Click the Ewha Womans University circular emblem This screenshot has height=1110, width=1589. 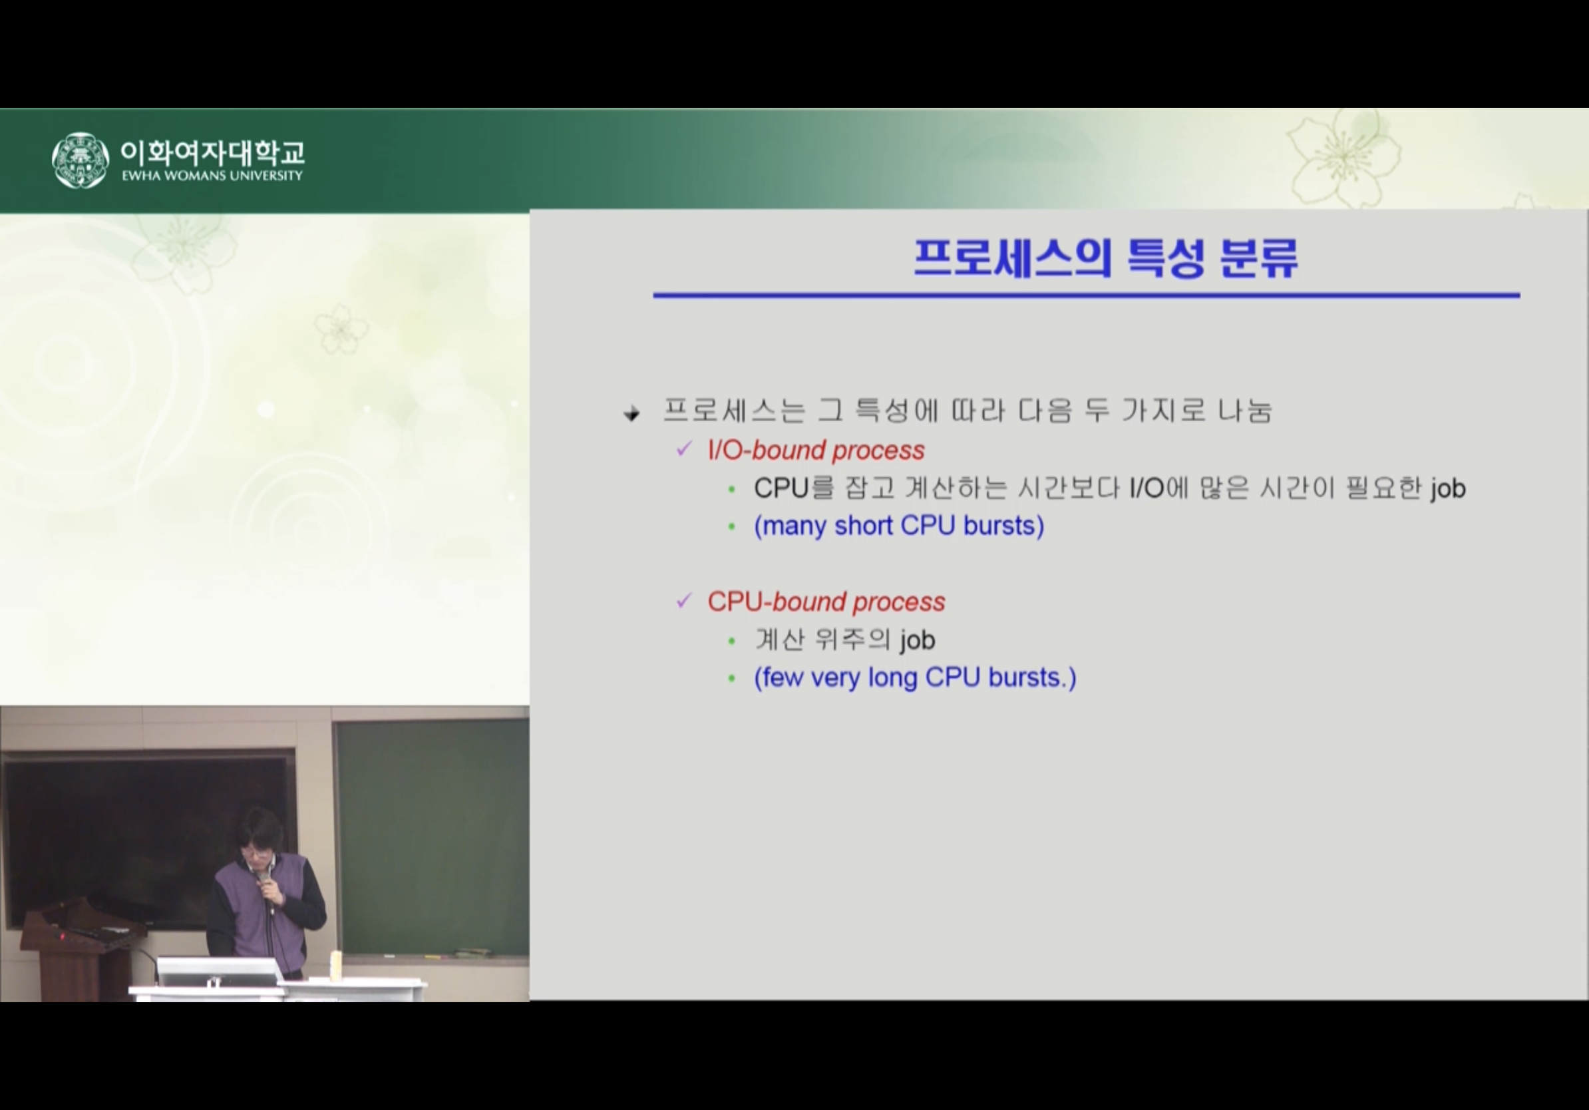(81, 160)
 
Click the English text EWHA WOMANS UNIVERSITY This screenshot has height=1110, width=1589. (212, 176)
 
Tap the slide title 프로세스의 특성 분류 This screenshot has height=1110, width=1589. (1105, 258)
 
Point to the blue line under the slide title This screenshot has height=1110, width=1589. (1087, 295)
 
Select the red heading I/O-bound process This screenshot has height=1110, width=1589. (816, 451)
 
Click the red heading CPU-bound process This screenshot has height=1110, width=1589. (826, 602)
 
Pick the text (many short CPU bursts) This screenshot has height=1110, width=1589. (899, 526)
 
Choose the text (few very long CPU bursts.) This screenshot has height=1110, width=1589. (915, 677)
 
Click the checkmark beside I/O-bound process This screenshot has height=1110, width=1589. (684, 449)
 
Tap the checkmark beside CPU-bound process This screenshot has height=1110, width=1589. (684, 601)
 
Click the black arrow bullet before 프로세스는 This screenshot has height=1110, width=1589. (631, 414)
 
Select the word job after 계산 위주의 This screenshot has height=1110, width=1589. (918, 641)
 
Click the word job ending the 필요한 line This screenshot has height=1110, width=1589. (1448, 489)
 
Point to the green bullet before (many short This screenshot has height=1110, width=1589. (731, 527)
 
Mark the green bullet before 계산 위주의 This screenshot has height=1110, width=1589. (731, 642)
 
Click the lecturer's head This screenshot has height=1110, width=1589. (259, 834)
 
